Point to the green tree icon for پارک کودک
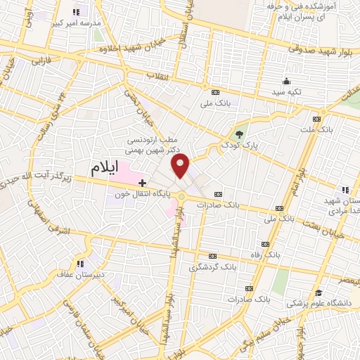pos(239,134)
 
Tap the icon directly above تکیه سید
pos(287,82)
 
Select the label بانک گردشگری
pos(209,267)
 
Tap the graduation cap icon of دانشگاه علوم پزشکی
pos(318,293)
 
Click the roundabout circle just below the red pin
pos(182,195)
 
